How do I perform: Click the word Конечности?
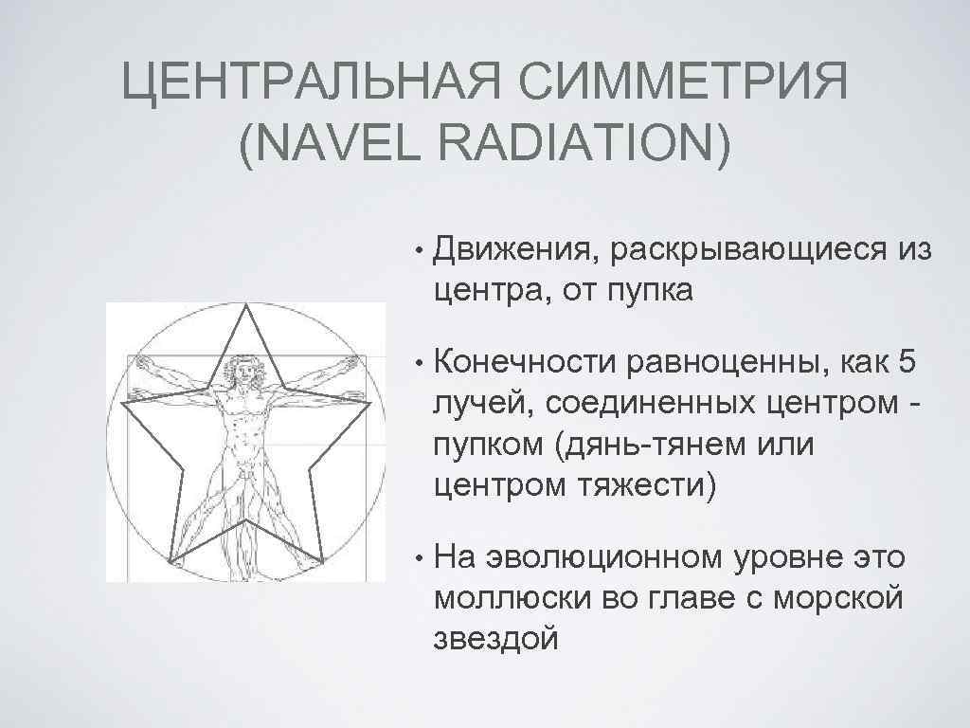[533, 364]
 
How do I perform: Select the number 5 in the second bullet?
[916, 364]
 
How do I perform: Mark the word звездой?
[495, 638]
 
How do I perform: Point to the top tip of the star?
[247, 305]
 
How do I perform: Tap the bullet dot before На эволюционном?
[418, 559]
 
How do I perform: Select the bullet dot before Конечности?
[418, 365]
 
